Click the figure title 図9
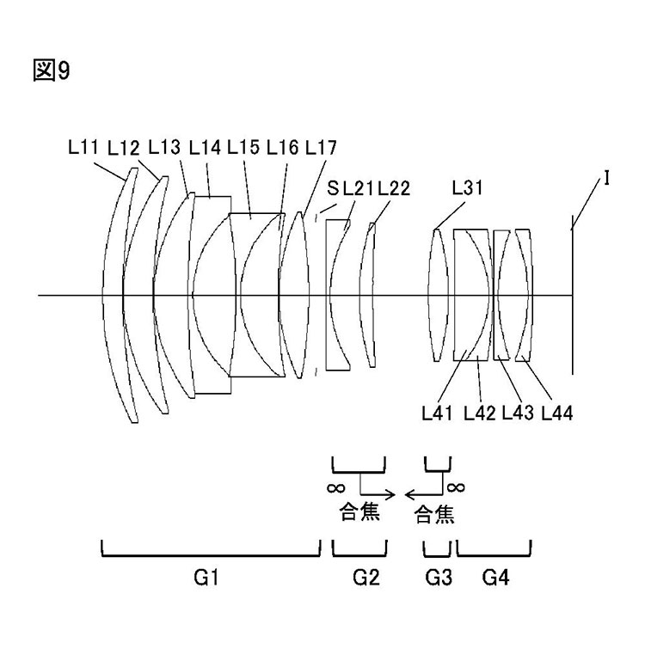52,70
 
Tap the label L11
83,147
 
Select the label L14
205,147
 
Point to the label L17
322,147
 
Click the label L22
394,188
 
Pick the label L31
467,187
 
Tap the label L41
437,413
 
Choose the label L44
557,413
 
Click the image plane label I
606,179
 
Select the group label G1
206,578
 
